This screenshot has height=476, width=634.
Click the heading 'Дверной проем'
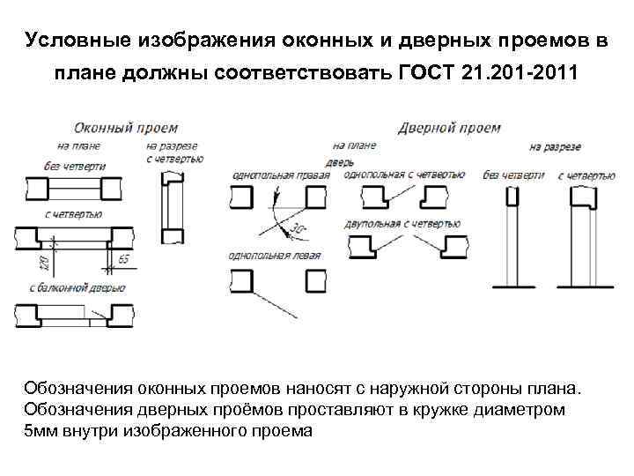click(449, 127)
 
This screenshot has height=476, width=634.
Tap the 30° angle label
click(299, 231)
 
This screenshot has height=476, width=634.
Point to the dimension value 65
click(122, 258)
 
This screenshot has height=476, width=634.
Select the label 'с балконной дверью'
click(77, 287)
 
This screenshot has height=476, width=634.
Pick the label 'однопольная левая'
click(274, 256)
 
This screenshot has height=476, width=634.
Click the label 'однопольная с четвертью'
click(405, 175)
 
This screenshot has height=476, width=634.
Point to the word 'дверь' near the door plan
click(339, 162)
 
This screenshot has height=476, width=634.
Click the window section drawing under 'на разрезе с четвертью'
click(172, 208)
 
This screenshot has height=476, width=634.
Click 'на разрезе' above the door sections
click(555, 146)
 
